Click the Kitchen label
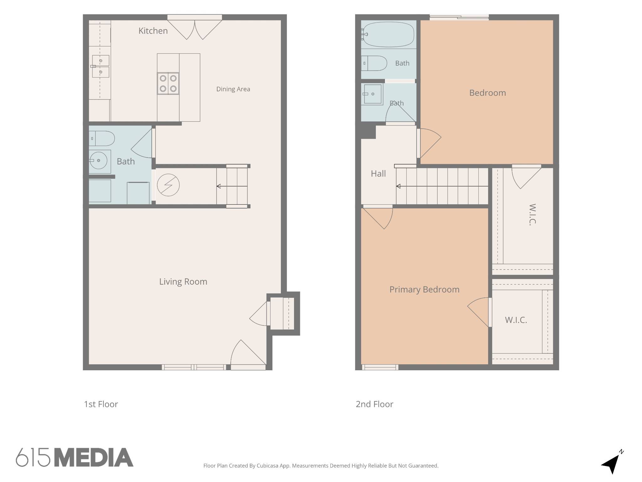(153, 31)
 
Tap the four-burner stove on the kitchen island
(168, 83)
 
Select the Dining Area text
(233, 89)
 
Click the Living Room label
(183, 281)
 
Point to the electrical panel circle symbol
(168, 185)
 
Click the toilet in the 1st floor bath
(102, 138)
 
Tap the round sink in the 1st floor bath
(98, 160)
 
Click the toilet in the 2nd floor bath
(374, 63)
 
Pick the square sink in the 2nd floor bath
(372, 94)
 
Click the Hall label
(378, 174)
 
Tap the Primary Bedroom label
(424, 289)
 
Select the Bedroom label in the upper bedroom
(487, 93)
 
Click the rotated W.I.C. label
(532, 214)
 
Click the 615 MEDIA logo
(75, 457)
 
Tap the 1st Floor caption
(101, 404)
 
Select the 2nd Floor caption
(374, 404)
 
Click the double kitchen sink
(100, 66)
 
